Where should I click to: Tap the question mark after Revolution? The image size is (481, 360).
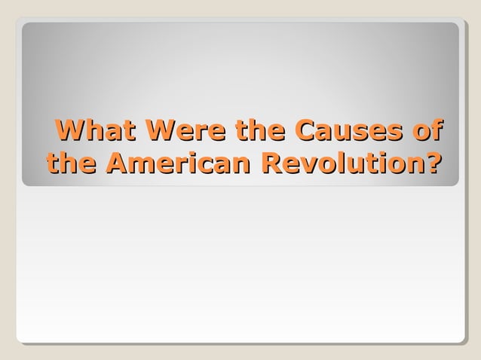(432, 163)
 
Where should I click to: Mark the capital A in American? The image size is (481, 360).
(117, 163)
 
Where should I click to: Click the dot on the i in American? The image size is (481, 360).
(198, 154)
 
